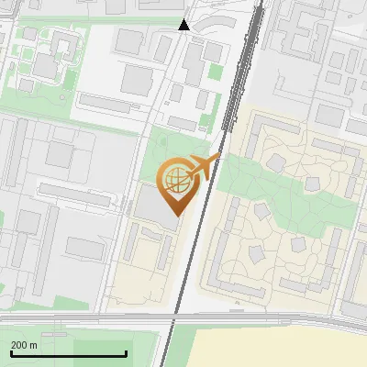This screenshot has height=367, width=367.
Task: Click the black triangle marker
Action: (184, 25)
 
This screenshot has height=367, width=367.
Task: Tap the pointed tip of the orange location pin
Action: (175, 215)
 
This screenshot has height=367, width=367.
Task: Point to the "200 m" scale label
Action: (24, 345)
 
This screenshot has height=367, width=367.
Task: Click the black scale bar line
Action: (68, 353)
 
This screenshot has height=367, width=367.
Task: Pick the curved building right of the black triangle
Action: (219, 21)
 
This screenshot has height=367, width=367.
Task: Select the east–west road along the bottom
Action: (92, 318)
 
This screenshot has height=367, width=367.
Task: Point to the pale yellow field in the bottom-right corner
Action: (284, 349)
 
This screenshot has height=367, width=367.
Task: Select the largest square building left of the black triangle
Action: (139, 79)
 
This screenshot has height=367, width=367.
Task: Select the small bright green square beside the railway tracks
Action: (216, 71)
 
